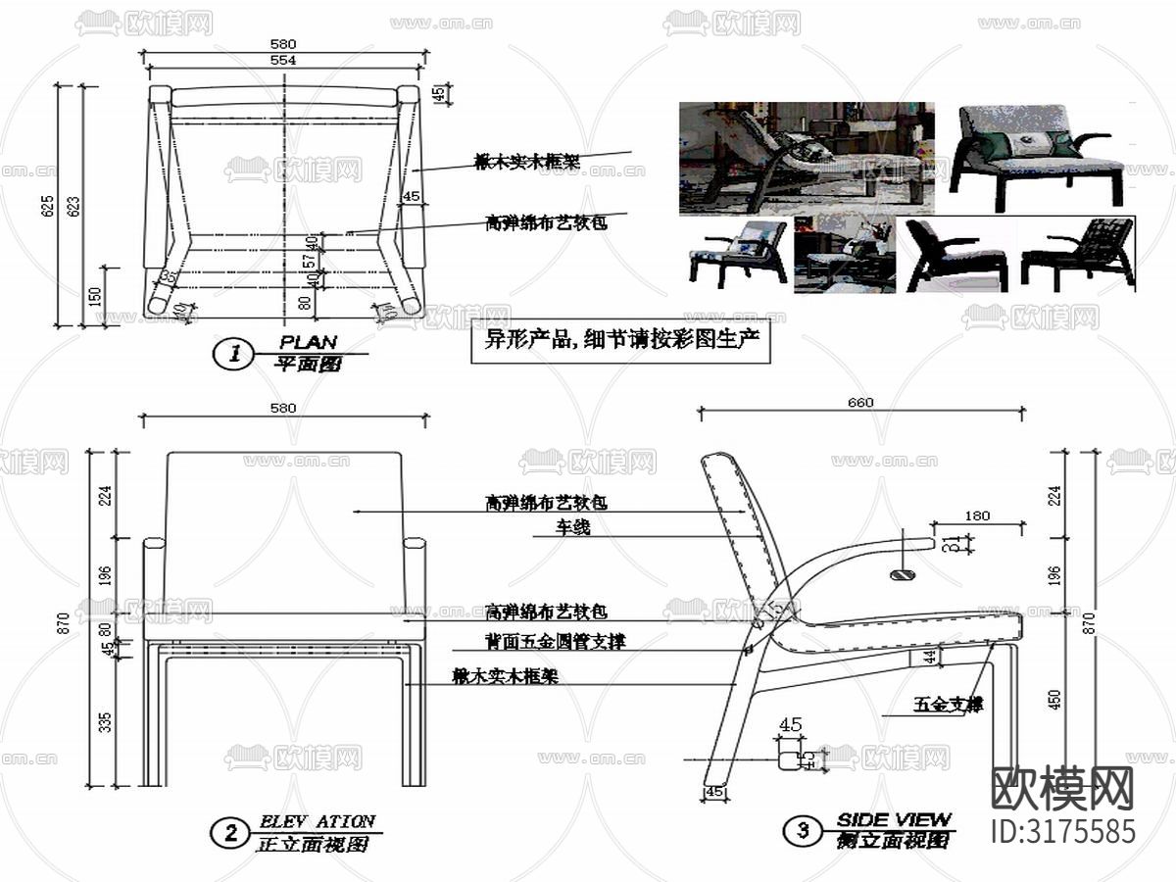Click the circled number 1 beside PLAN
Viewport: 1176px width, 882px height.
pyautogui.click(x=234, y=355)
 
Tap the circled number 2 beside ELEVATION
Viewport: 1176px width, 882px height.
pyautogui.click(x=229, y=834)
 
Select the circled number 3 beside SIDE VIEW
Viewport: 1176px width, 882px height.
pyautogui.click(x=803, y=832)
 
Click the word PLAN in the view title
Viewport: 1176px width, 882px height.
pyautogui.click(x=308, y=343)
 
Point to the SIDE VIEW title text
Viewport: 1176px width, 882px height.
pyautogui.click(x=893, y=819)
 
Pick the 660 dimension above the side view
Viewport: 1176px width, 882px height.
pyautogui.click(x=860, y=402)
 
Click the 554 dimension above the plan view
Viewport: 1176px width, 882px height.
pyautogui.click(x=283, y=61)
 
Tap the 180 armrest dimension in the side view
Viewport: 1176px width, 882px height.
pyautogui.click(x=977, y=515)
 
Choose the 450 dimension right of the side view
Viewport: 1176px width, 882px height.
pyautogui.click(x=1054, y=700)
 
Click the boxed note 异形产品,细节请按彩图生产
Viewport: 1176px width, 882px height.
pyautogui.click(x=620, y=342)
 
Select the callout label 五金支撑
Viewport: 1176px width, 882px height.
pyautogui.click(x=948, y=704)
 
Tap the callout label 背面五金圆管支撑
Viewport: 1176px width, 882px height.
pyautogui.click(x=555, y=642)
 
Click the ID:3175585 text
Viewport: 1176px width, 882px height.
pyautogui.click(x=1063, y=831)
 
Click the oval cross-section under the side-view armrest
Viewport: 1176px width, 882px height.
pyautogui.click(x=902, y=574)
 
